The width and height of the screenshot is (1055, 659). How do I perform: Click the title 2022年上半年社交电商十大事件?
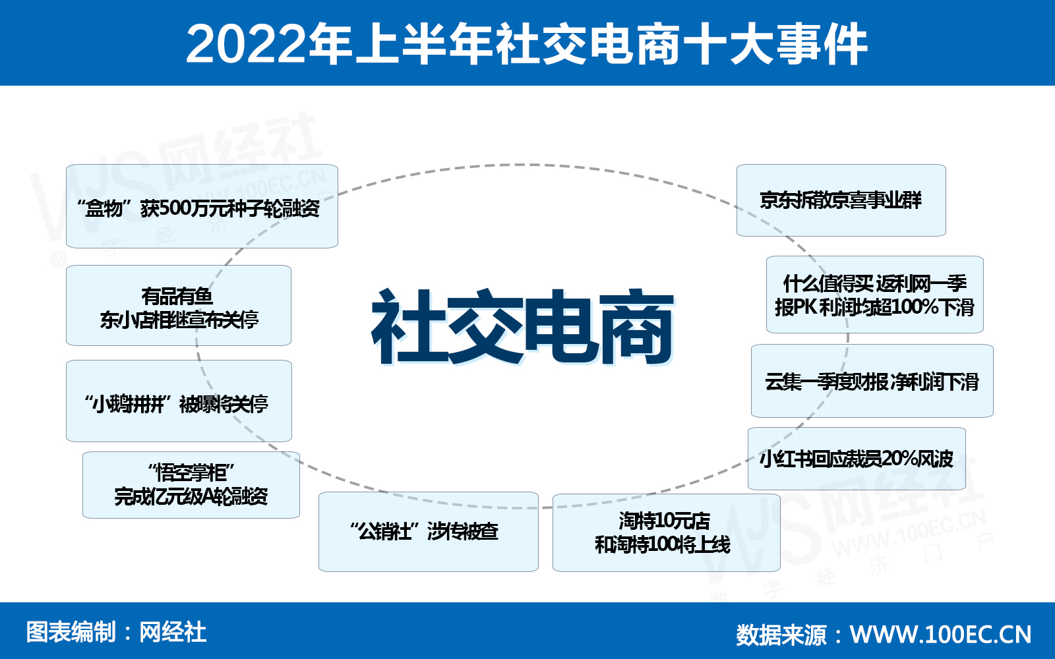point(527,43)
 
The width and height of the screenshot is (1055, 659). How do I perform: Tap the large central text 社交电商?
point(522,326)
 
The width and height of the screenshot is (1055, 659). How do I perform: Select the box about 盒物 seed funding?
point(202,206)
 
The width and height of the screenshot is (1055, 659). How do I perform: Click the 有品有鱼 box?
point(179,306)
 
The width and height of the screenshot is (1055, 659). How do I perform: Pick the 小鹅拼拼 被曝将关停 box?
point(179,401)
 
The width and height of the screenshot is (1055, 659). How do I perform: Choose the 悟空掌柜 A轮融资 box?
point(191,485)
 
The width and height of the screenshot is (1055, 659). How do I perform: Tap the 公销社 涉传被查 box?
point(429,532)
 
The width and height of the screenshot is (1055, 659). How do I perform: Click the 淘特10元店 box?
point(667,533)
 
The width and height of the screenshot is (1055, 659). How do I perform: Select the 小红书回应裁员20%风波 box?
point(857,459)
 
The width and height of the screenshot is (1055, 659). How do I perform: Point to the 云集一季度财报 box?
point(872,381)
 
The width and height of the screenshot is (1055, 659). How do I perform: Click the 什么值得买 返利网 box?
point(874,295)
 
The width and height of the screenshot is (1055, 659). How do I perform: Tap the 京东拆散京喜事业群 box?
point(841,200)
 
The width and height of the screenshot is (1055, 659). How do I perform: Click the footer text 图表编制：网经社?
point(116,632)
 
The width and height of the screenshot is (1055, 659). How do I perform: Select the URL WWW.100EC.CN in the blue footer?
point(940,635)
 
